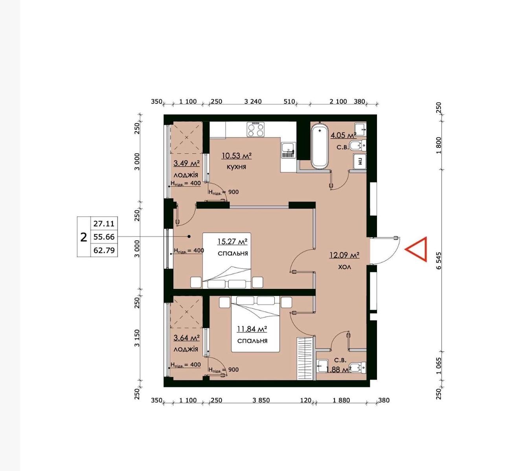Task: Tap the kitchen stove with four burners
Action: click(256, 130)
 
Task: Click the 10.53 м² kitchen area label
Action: click(237, 155)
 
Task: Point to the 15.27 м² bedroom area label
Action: click(232, 241)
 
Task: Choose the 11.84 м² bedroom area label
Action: click(252, 329)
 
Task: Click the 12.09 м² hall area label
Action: click(344, 255)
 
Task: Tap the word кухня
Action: click(236, 167)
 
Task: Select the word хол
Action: click(344, 267)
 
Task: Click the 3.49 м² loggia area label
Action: click(186, 163)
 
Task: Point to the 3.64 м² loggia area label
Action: click(186, 338)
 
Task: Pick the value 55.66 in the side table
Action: click(104, 237)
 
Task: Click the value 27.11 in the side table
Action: click(104, 224)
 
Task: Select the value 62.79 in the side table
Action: click(104, 250)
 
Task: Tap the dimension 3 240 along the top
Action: click(253, 101)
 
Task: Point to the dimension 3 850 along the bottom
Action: click(261, 400)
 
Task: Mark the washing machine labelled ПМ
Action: click(360, 161)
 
